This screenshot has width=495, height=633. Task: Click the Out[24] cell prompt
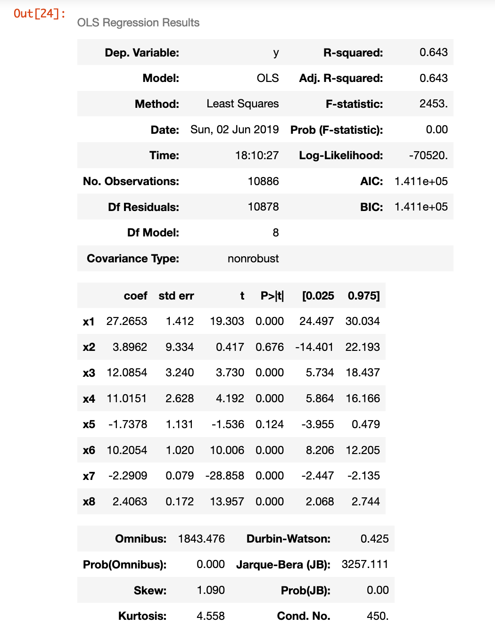[40, 14]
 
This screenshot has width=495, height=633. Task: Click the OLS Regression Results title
[138, 23]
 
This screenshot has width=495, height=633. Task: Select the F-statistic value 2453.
[433, 104]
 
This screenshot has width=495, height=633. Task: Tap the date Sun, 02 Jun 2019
[234, 130]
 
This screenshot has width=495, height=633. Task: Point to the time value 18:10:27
[257, 155]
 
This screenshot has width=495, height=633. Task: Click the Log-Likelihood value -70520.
[428, 155]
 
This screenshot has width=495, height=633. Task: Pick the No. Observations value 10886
[263, 181]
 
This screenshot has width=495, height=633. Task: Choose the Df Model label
[153, 233]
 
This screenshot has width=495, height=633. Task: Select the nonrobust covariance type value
[253, 259]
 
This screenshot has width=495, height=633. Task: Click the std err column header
[176, 296]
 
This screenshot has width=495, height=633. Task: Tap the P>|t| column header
[272, 296]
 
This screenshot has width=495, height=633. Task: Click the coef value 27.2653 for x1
[127, 321]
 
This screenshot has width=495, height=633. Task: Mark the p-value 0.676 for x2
[270, 347]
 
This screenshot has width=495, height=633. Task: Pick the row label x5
[89, 424]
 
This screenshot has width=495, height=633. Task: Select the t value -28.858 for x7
[225, 476]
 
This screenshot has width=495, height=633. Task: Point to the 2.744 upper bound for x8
[365, 502]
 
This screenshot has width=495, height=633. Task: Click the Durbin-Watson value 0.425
[374, 539]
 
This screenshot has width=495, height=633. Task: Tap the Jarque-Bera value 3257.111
[365, 564]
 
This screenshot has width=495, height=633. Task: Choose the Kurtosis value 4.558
[211, 616]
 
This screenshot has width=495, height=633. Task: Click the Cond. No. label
[304, 616]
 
